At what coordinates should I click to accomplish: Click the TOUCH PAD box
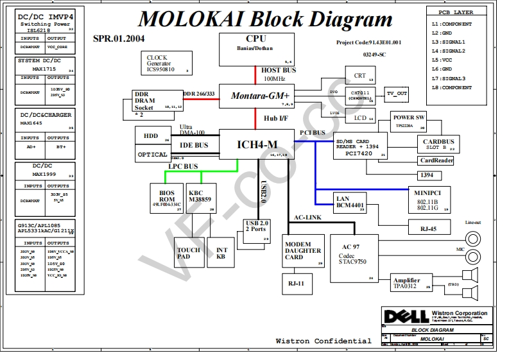click(188, 254)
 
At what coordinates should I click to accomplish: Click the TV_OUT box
click(396, 94)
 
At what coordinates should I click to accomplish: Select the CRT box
click(360, 75)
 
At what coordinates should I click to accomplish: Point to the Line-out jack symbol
click(473, 239)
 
